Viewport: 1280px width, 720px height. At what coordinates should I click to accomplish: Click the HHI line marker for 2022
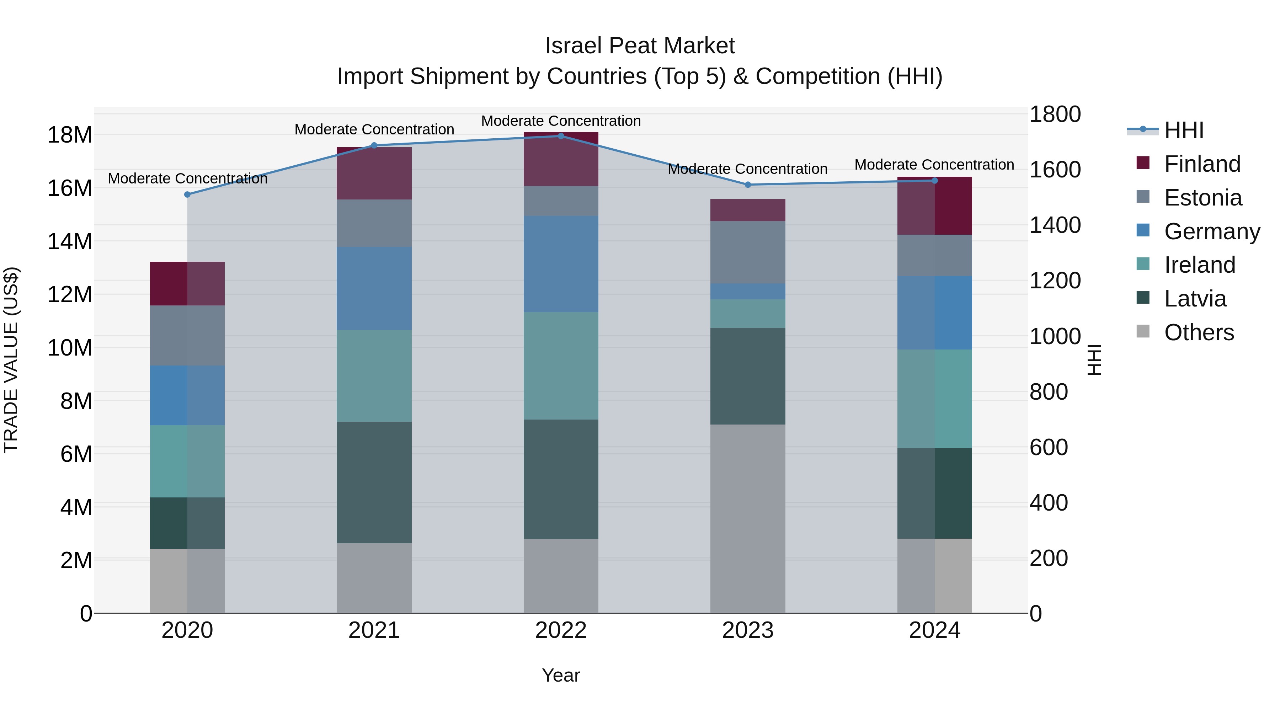561,136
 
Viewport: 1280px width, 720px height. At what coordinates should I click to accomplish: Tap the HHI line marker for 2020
187,194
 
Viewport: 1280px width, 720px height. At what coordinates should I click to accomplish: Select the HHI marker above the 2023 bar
748,184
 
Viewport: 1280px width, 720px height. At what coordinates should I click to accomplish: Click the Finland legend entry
1202,164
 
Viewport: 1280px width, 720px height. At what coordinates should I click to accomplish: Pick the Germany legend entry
1211,231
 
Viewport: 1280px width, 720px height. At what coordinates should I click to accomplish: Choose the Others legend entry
1199,332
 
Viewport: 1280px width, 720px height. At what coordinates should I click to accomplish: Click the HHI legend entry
1184,130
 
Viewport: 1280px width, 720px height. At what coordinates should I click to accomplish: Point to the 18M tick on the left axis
70,135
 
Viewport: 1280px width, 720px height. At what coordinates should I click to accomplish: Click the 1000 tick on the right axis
1055,336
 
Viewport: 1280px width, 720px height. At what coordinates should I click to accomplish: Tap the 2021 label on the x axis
374,630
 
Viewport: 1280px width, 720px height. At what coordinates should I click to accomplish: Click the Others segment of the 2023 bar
748,518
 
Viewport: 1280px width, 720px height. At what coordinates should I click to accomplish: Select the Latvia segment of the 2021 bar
374,482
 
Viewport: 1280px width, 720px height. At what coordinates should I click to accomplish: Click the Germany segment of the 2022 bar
561,264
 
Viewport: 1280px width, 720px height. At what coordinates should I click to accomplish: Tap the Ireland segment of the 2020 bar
187,461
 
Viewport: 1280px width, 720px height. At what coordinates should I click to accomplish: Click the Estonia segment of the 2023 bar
748,252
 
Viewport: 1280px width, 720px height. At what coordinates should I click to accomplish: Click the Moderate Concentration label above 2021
374,129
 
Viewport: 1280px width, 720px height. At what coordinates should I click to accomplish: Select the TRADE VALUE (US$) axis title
11,360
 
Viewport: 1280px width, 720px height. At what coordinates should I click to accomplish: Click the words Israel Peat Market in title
640,46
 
